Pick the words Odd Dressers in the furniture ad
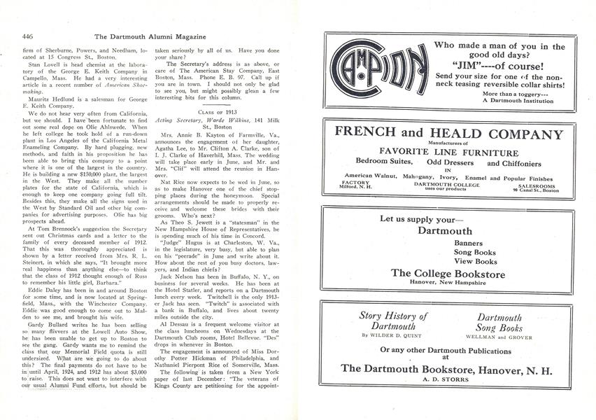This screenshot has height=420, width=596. [x=451, y=163]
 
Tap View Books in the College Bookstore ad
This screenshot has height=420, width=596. [x=455, y=261]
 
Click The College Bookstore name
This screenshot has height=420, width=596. [x=448, y=274]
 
